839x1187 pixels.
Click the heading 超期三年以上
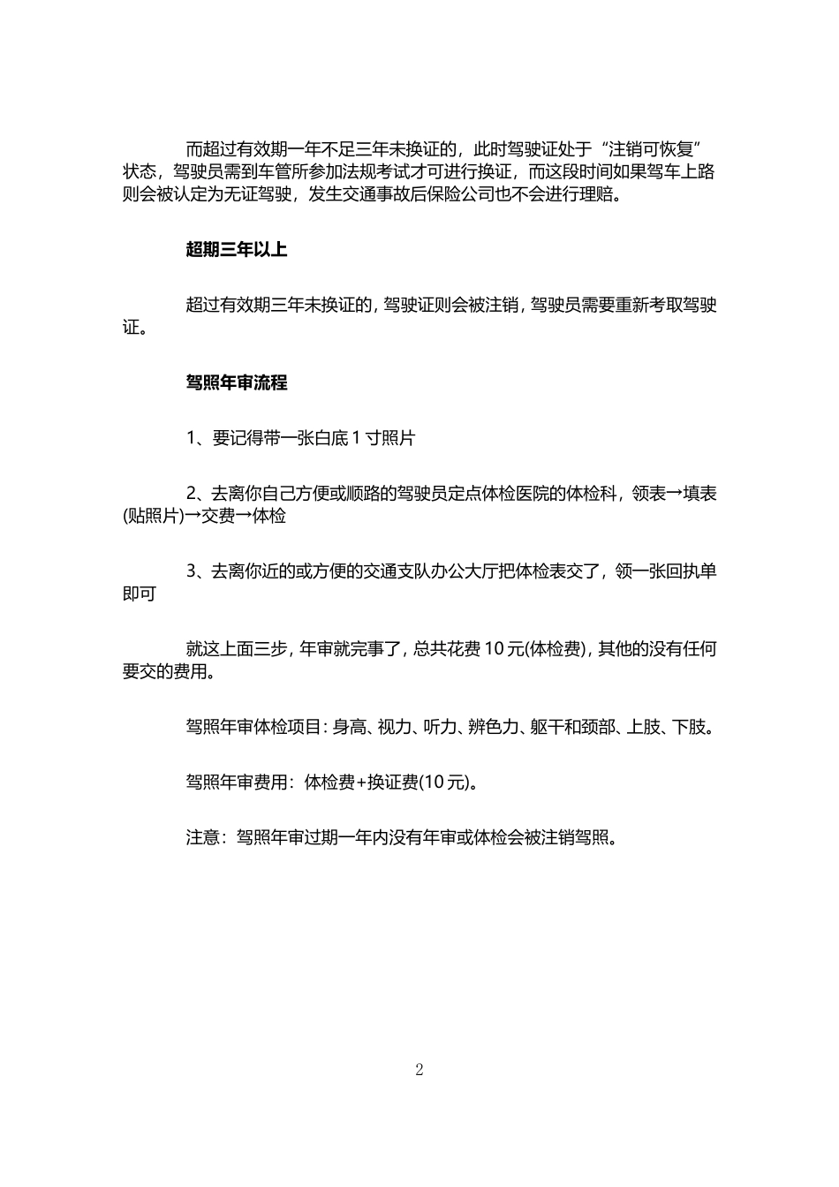tap(236, 250)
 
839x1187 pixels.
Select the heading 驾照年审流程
tap(236, 383)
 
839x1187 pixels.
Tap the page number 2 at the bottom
tap(419, 1070)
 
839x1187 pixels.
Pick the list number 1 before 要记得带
tap(192, 438)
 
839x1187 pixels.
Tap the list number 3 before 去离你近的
tap(192, 571)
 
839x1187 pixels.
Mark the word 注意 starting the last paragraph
tap(202, 836)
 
